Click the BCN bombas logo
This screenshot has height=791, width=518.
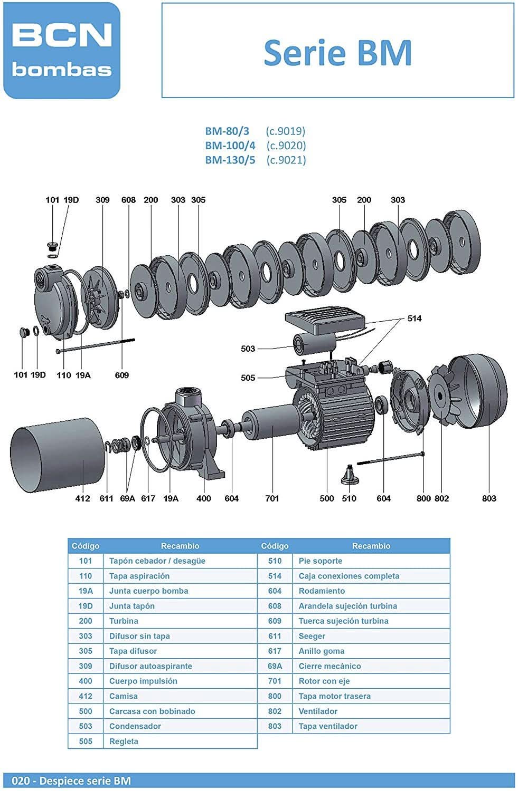(62, 51)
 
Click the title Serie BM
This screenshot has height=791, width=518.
(337, 53)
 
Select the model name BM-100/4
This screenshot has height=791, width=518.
(230, 146)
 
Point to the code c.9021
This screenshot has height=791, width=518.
(286, 160)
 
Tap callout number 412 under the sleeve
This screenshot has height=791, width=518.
(83, 498)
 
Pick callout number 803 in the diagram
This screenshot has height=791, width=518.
(489, 498)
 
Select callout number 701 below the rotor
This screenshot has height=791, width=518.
(272, 498)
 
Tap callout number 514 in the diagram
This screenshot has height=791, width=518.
(415, 319)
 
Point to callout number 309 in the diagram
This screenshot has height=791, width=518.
(102, 200)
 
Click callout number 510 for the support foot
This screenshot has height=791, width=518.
(349, 498)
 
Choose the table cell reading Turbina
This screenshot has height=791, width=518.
(124, 621)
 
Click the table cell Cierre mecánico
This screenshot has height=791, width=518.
(329, 666)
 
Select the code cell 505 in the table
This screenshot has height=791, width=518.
(86, 741)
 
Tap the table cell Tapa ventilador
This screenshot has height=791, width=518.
(328, 726)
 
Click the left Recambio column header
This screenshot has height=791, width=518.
(180, 546)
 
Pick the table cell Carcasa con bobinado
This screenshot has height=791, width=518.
(152, 711)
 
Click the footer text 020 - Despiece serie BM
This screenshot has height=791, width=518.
(71, 780)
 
